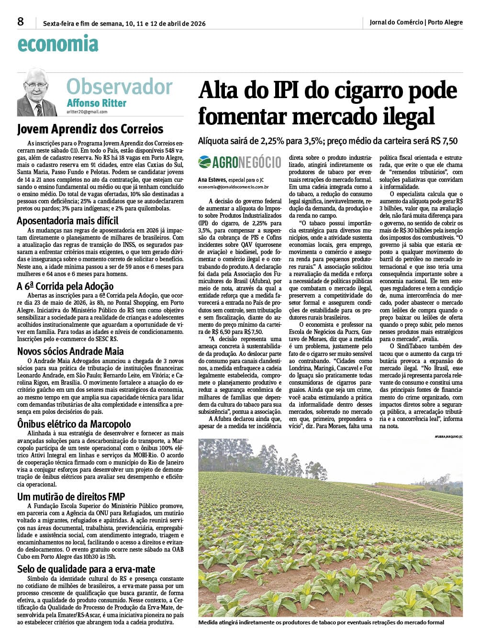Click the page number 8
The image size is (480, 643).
pyautogui.click(x=21, y=22)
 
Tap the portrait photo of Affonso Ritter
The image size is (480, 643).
pyautogui.click(x=37, y=92)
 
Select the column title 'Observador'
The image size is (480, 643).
pyautogui.click(x=119, y=87)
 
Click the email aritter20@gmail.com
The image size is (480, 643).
pyautogui.click(x=87, y=112)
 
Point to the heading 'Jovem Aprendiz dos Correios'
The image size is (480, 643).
pyautogui.click(x=90, y=129)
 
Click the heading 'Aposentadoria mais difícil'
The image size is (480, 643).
pyautogui.click(x=67, y=221)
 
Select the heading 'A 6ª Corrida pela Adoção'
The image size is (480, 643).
pyautogui.click(x=65, y=286)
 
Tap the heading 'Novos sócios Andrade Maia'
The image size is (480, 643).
pyautogui.click(x=70, y=351)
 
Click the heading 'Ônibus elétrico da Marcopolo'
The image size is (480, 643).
pyautogui.click(x=74, y=424)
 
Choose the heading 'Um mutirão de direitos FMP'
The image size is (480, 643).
pyautogui.click(x=71, y=497)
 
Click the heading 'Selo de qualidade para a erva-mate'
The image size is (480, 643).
pyautogui.click(x=86, y=569)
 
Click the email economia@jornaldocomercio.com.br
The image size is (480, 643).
pyautogui.click(x=233, y=188)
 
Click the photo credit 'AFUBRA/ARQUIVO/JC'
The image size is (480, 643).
pyautogui.click(x=448, y=436)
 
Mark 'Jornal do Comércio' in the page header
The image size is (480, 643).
pyautogui.click(x=396, y=22)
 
